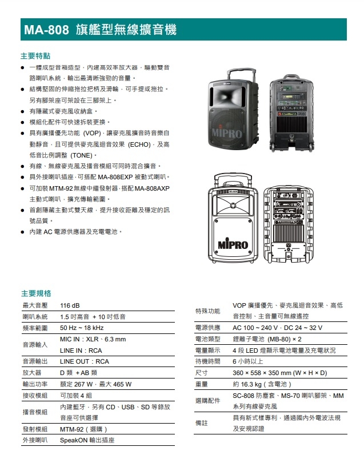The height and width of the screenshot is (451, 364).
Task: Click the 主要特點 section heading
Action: pos(35,56)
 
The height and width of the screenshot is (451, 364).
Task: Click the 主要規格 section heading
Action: pos(35,293)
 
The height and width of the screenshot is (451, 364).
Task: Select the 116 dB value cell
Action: pos(70,305)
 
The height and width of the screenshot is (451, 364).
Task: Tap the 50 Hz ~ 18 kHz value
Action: pos(82,328)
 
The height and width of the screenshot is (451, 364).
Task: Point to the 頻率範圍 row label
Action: pos(35,328)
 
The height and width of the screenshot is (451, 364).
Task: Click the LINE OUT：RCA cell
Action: pos(85,361)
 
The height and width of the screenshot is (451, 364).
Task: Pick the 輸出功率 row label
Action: pos(35,384)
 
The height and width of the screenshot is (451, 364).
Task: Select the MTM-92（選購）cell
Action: pos(83,429)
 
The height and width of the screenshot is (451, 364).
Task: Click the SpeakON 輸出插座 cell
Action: pos(87,440)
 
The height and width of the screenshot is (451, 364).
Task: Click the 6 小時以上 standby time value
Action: pos(247,361)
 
